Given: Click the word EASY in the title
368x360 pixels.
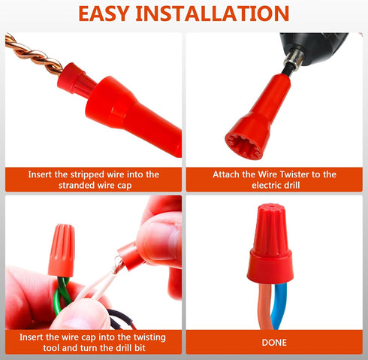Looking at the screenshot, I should coord(113,14).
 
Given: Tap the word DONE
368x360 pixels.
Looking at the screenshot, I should coord(274,342).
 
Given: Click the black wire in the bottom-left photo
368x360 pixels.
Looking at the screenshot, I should coord(120,322).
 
